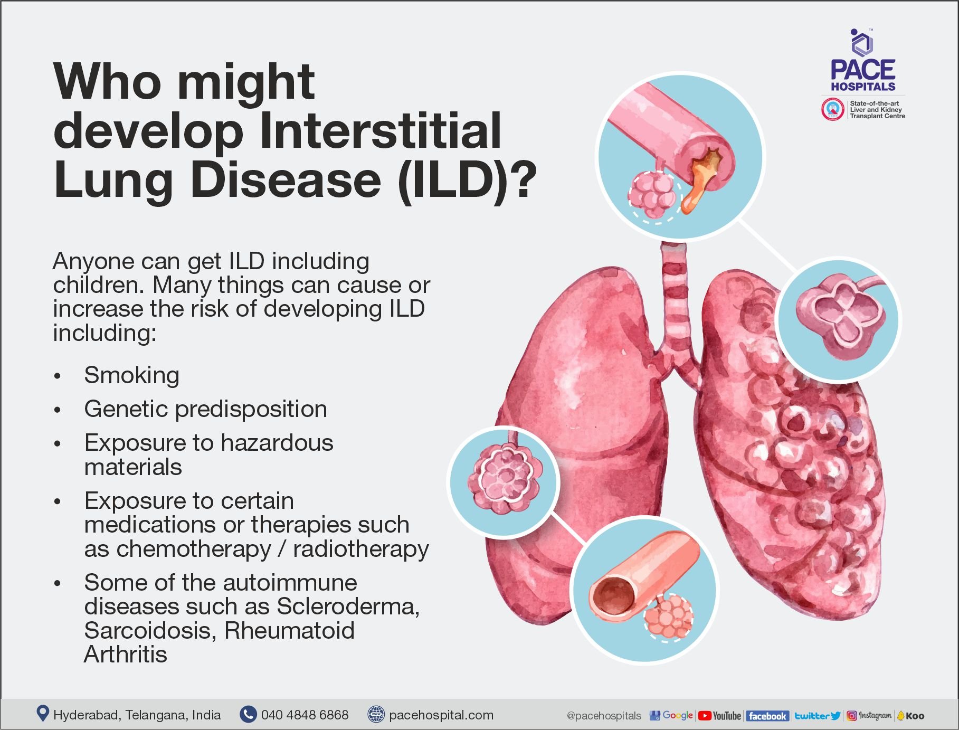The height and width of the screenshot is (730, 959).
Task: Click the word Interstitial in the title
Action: click(380, 130)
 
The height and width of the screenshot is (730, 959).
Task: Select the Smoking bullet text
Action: click(131, 375)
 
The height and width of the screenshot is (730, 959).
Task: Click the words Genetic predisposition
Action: click(205, 409)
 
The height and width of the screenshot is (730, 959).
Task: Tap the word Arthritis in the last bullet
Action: click(126, 655)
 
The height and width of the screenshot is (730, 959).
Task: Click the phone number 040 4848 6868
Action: click(305, 715)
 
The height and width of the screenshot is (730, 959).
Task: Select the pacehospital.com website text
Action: click(441, 715)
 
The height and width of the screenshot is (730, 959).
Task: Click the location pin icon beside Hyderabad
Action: click(42, 714)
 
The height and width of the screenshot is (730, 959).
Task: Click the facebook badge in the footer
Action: click(767, 716)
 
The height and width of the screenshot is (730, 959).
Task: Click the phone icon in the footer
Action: click(248, 714)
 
